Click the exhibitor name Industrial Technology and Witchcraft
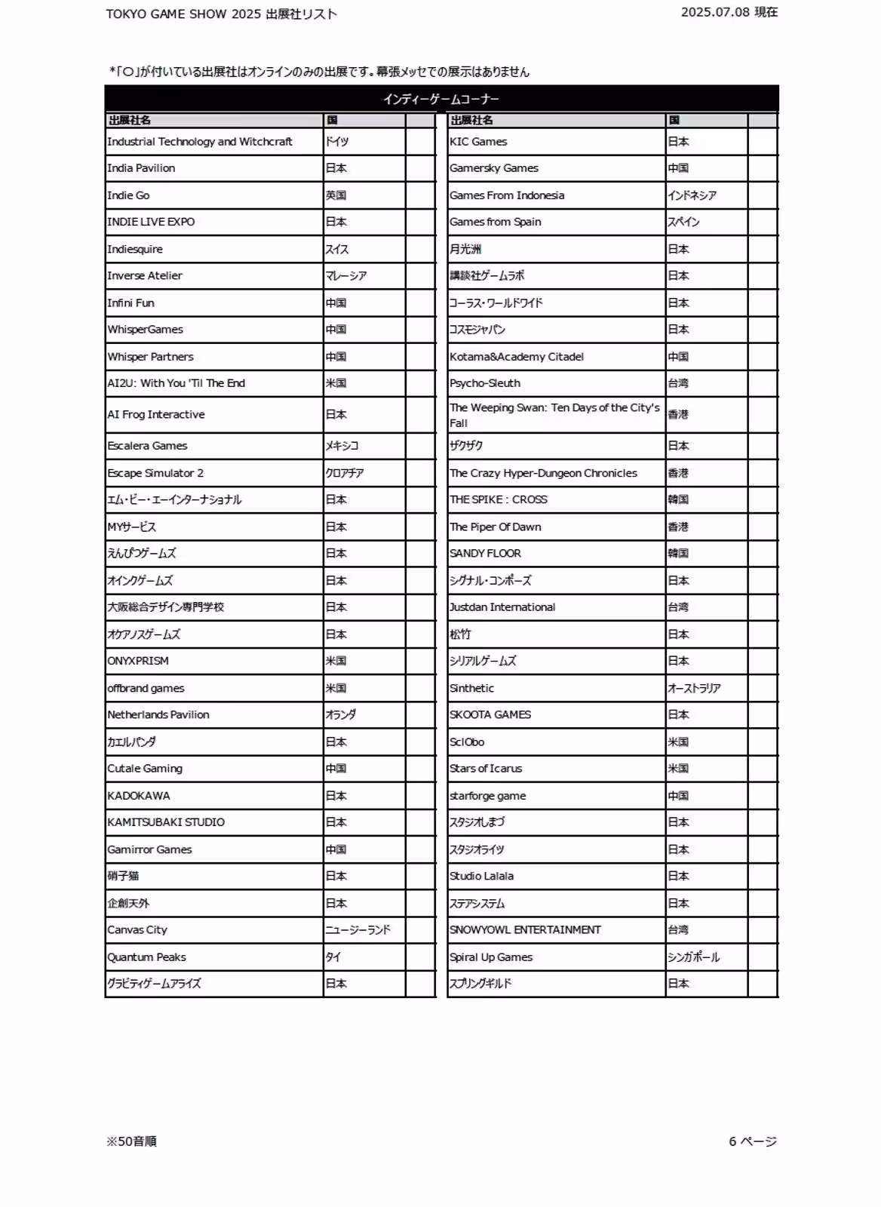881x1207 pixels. click(200, 142)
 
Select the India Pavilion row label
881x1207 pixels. click(141, 168)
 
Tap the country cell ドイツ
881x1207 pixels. click(337, 142)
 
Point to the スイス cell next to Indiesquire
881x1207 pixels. click(337, 249)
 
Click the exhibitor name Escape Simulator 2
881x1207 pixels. click(155, 473)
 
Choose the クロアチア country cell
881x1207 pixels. click(345, 473)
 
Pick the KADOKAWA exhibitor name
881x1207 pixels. click(139, 796)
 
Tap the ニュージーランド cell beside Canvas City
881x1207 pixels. click(358, 930)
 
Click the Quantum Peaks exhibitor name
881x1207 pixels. click(146, 957)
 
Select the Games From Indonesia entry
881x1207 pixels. click(507, 195)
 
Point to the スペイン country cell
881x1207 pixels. click(683, 222)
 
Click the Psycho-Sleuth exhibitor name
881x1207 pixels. click(485, 383)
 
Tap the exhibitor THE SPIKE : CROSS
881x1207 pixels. click(499, 499)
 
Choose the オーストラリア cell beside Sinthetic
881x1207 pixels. click(694, 688)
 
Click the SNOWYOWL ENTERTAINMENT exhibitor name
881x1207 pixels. click(525, 930)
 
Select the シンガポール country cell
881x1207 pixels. click(693, 957)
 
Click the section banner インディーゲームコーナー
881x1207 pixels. click(441, 99)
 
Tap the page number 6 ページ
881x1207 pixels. click(753, 1141)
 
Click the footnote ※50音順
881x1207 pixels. click(132, 1141)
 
